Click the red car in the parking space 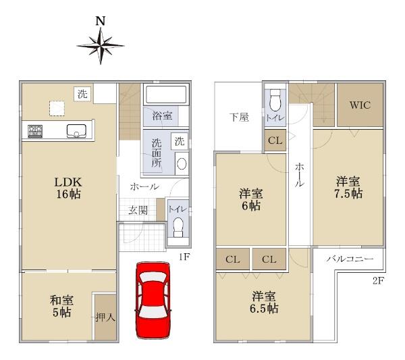(153, 301)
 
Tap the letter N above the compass (101, 21)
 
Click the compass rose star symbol (101, 46)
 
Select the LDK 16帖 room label (68, 188)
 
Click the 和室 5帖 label (61, 306)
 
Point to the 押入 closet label (105, 317)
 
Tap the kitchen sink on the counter (76, 131)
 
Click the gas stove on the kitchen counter (35, 131)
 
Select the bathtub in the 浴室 (166, 95)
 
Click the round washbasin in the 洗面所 (182, 163)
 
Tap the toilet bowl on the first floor (178, 228)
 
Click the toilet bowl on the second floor (275, 100)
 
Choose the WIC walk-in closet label (360, 105)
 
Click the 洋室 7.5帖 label (348, 187)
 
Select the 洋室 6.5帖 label (264, 302)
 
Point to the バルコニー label (350, 259)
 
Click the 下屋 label (239, 118)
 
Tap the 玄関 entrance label (138, 211)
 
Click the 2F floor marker (379, 281)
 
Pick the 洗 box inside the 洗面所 (180, 141)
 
